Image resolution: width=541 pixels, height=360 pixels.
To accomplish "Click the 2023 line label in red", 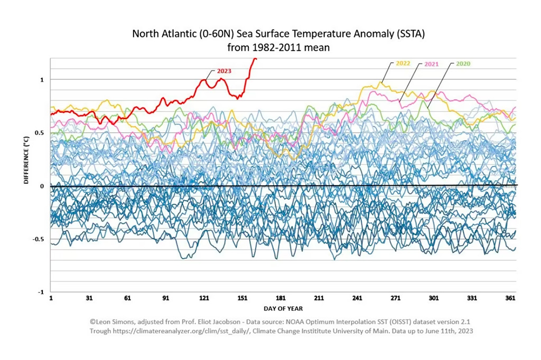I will (224, 71).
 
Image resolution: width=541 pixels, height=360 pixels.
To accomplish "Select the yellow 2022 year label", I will (403, 64).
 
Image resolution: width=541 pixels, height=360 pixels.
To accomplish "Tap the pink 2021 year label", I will (433, 64).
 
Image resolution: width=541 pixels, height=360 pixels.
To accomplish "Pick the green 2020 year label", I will (462, 64).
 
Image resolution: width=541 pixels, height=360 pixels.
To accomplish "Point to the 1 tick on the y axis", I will (42, 80).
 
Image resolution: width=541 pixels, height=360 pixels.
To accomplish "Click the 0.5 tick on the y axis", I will (40, 132).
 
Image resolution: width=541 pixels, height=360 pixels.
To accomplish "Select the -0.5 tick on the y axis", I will (39, 239).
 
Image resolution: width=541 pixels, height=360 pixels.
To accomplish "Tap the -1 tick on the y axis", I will (41, 292).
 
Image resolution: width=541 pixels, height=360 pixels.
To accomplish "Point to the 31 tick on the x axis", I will (89, 299).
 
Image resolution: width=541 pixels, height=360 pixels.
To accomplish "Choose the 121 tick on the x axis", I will (204, 299).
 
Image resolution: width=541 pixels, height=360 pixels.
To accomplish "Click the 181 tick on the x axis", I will (281, 299).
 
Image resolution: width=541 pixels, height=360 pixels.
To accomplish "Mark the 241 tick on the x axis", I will (357, 299).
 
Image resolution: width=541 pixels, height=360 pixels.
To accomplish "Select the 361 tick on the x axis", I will (510, 299).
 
